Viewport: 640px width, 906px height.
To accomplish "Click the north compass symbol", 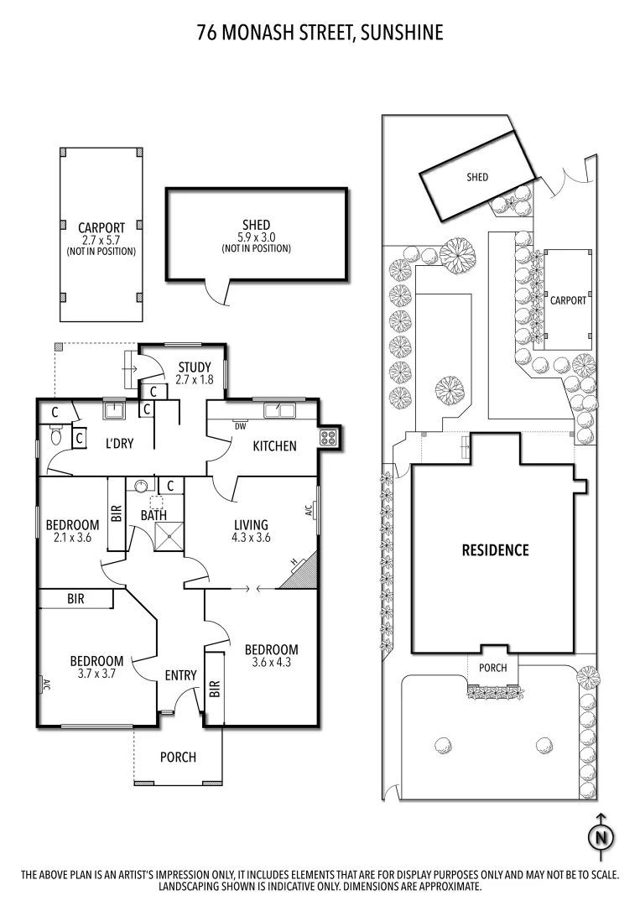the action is point(601,836).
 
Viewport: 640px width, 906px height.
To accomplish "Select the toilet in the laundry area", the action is point(55,435).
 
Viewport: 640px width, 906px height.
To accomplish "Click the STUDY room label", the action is point(194,367).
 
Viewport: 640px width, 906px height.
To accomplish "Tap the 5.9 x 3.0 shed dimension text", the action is point(256,237).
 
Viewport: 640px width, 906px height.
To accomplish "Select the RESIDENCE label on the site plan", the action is point(496,550).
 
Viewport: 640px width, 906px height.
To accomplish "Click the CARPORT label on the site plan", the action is point(568,299).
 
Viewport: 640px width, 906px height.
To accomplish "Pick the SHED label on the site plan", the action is point(477,177).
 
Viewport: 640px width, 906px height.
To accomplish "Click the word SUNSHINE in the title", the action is point(403,33).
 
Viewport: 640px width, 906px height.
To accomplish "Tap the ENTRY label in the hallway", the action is point(180,675).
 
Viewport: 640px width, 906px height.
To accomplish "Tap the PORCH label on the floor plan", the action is point(178,757).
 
